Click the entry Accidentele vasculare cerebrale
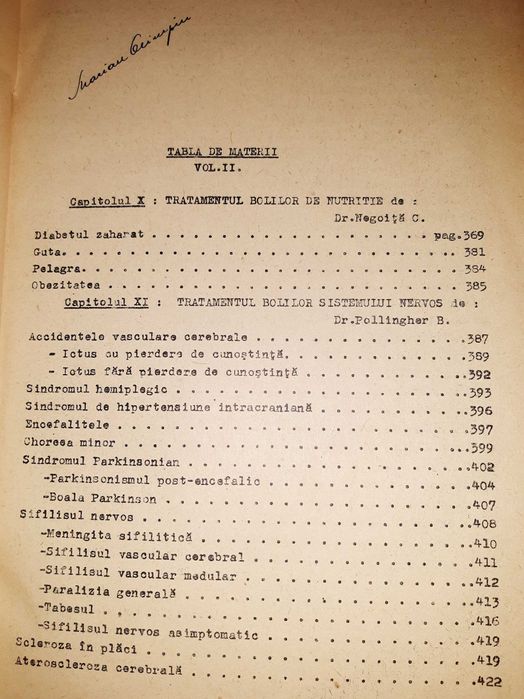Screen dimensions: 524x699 pos(116,337)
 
